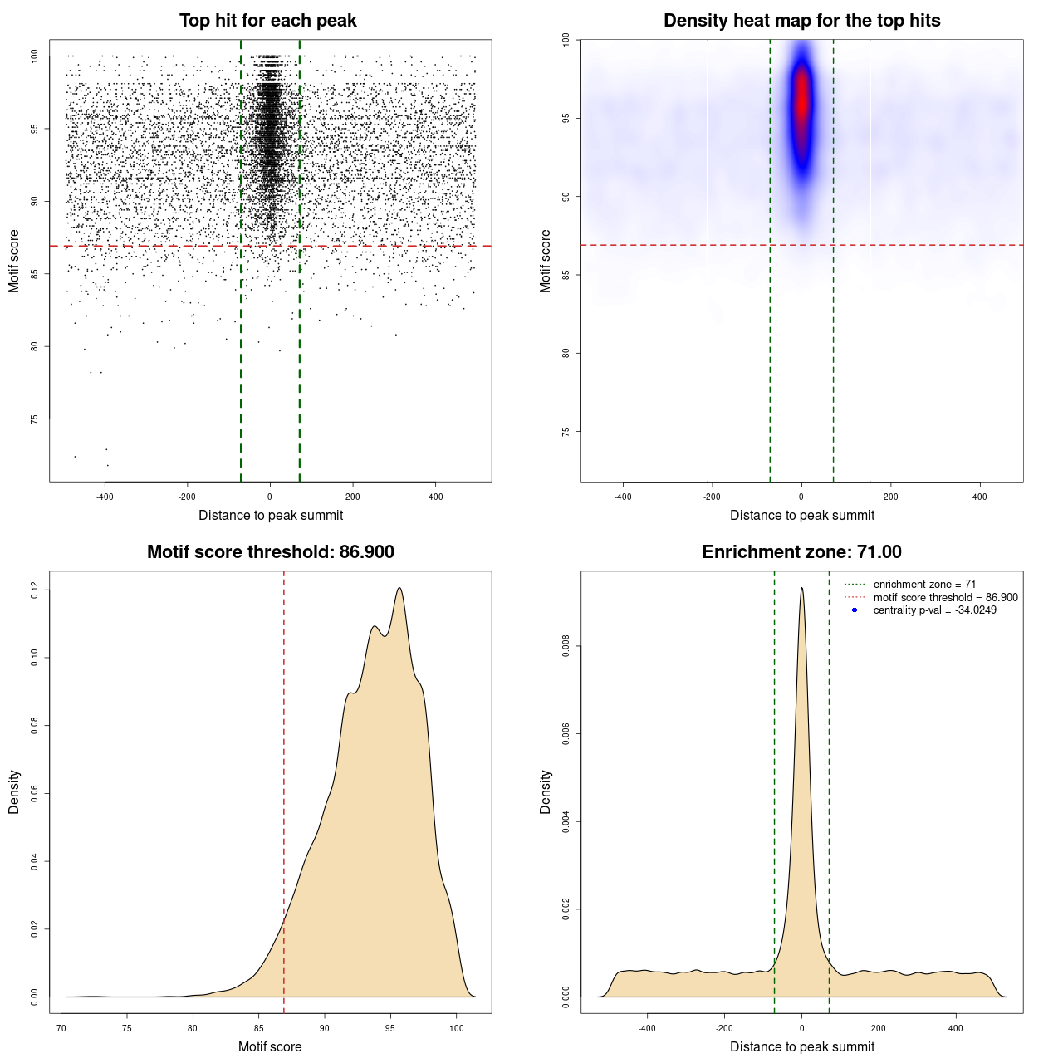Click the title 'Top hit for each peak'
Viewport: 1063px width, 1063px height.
click(267, 21)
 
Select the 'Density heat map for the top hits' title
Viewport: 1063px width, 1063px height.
click(801, 21)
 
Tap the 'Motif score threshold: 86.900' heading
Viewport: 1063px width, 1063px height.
click(270, 552)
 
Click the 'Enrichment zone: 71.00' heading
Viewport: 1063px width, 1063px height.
click(801, 552)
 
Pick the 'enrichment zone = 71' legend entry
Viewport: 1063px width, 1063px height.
click(924, 585)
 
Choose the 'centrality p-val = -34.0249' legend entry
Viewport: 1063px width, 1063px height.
click(934, 610)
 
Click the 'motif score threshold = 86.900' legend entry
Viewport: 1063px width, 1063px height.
click(945, 598)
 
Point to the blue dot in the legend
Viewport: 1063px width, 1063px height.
click(855, 610)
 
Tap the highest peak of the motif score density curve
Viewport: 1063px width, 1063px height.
click(400, 589)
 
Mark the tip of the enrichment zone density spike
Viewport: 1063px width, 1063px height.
click(801, 588)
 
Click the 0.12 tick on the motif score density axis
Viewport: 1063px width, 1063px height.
click(35, 590)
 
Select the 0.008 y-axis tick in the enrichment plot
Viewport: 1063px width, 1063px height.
click(566, 646)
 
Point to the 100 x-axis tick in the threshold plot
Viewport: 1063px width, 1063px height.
click(456, 1028)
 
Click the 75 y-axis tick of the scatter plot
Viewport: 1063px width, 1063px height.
click(35, 419)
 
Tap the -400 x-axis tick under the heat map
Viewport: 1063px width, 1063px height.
click(623, 497)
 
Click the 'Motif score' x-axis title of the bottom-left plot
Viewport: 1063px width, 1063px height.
click(270, 1046)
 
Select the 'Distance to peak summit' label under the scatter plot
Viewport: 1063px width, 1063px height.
click(271, 515)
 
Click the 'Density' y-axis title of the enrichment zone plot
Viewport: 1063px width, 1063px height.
click(546, 791)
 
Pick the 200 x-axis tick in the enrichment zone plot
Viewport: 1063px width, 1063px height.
click(879, 1028)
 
